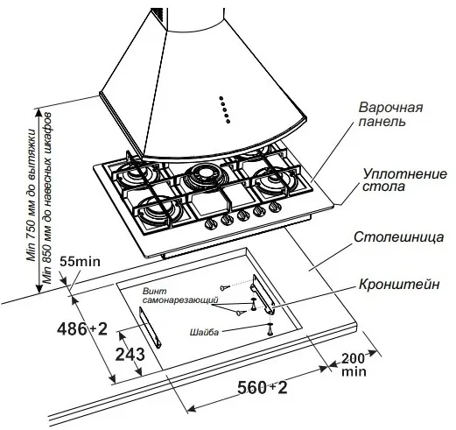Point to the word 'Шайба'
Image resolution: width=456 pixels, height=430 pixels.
[x=203, y=333]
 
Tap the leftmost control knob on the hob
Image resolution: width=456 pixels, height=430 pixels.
[x=211, y=224]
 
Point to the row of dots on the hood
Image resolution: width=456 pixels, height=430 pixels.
[x=224, y=109]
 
